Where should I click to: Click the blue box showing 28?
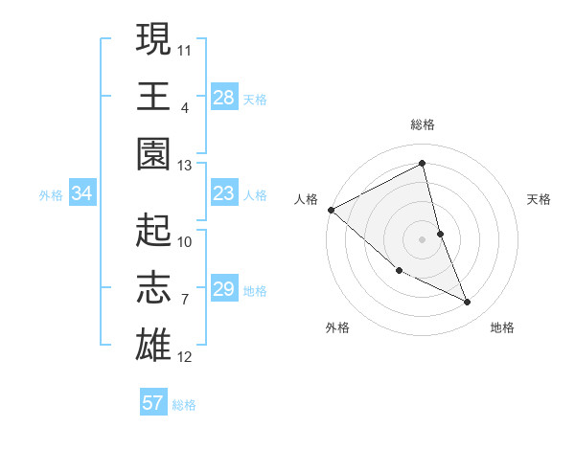tap(223, 97)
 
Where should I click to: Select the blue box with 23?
tap(223, 194)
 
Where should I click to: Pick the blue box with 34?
tap(81, 194)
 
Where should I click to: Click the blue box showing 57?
tap(152, 403)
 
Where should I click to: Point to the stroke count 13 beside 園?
tap(184, 165)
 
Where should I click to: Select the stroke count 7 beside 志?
tap(184, 300)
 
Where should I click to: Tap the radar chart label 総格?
tap(422, 124)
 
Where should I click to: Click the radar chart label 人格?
tap(307, 199)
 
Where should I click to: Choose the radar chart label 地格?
tap(502, 327)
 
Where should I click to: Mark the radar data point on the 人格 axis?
tap(331, 209)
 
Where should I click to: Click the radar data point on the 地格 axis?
tap(467, 303)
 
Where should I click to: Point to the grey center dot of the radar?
tap(422, 239)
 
